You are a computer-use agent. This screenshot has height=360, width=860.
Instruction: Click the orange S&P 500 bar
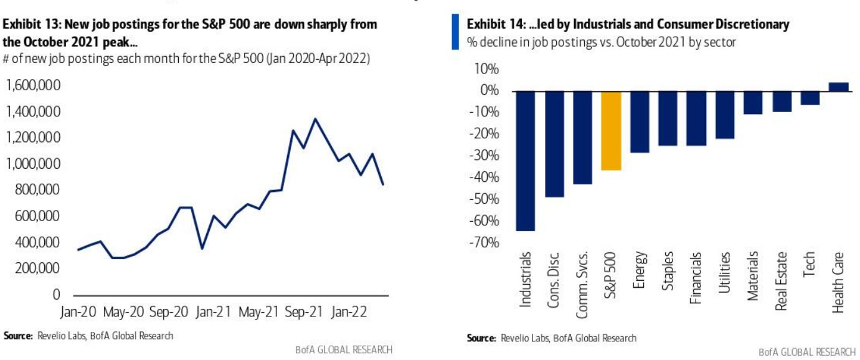(611, 130)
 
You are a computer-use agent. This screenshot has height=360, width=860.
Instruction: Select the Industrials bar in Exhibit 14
(526, 161)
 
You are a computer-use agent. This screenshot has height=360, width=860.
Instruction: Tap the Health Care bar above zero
(839, 87)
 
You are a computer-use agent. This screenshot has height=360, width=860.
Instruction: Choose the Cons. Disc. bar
(554, 144)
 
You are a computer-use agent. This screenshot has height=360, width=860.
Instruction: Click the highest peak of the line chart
(315, 118)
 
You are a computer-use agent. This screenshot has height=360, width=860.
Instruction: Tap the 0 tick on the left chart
(56, 294)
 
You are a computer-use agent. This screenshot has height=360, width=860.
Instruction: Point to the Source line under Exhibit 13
(88, 336)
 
